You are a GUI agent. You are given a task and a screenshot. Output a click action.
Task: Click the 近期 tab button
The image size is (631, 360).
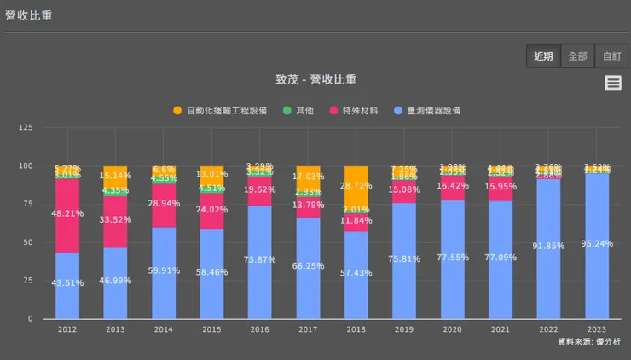tap(543, 56)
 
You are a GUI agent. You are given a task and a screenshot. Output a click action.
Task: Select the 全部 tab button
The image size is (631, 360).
tap(577, 56)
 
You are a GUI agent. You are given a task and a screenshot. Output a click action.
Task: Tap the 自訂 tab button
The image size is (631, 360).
tap(611, 56)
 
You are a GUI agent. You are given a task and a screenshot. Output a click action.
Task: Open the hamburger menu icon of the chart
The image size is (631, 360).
tap(612, 83)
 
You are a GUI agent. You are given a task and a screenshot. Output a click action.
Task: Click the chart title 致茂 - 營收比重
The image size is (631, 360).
tap(315, 80)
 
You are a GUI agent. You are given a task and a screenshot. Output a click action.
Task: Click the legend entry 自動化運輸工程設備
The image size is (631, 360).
tap(219, 111)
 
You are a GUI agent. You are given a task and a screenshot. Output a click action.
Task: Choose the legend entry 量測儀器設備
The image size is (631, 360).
tap(427, 111)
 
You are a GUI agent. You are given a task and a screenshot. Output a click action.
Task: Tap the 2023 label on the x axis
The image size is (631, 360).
tap(598, 328)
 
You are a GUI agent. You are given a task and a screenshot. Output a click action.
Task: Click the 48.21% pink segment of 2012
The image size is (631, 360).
tap(67, 214)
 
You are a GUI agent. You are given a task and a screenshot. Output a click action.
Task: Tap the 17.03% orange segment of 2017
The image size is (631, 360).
tap(310, 177)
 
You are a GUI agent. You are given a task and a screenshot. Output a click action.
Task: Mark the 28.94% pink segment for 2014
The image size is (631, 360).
tap(164, 206)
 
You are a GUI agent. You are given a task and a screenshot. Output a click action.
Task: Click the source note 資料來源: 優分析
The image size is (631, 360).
tap(588, 341)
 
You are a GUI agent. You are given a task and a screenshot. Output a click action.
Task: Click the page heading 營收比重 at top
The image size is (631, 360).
tap(28, 15)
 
